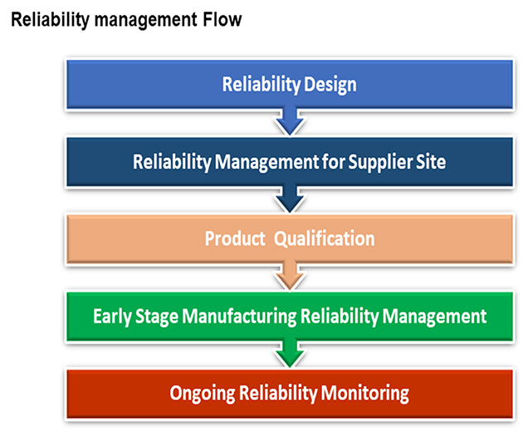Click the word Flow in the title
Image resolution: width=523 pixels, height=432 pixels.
point(222,19)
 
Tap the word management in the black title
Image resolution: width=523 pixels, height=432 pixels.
point(146,21)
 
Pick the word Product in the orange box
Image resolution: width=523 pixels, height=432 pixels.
point(235,238)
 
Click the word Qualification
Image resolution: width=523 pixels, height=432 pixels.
point(325,239)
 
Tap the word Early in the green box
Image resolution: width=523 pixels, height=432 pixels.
point(112,317)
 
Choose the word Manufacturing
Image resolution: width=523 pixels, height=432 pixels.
point(239,317)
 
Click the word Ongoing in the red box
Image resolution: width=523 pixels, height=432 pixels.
point(203,394)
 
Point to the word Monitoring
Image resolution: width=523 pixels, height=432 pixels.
point(365,394)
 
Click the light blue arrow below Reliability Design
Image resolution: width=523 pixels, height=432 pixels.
point(290,121)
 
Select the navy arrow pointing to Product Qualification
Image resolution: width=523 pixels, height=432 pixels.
point(290,199)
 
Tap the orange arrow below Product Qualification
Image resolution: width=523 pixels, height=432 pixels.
point(290,277)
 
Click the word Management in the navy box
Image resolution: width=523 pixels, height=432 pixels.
point(266,162)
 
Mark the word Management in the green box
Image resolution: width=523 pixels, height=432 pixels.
point(435,317)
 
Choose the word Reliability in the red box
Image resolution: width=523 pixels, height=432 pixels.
point(278,394)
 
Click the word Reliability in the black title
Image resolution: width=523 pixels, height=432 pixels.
point(51,21)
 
